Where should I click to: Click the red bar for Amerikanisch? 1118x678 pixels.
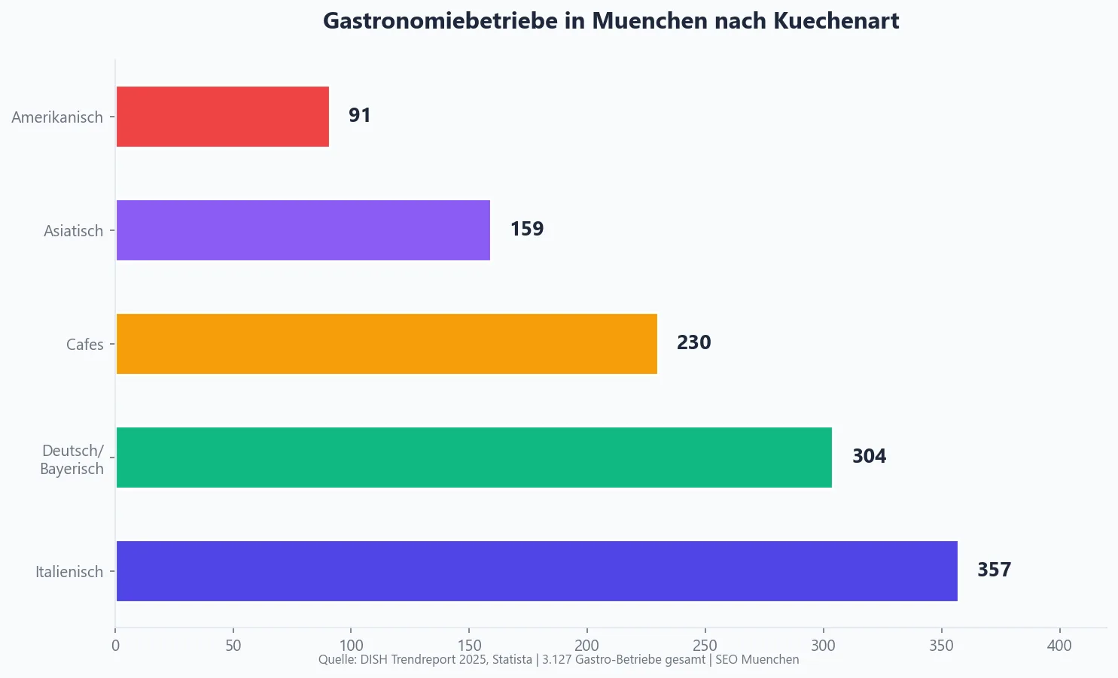click(x=222, y=117)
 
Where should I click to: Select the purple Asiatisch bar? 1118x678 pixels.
click(x=303, y=230)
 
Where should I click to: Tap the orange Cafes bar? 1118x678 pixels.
click(x=386, y=344)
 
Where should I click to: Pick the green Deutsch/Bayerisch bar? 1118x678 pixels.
click(x=474, y=458)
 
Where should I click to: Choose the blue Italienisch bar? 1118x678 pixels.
click(x=536, y=571)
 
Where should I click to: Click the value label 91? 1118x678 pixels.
click(x=359, y=116)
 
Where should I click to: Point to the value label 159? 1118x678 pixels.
click(x=526, y=230)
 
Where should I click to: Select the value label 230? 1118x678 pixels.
click(x=693, y=343)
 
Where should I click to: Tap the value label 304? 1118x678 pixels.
click(x=869, y=457)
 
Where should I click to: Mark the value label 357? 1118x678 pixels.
click(x=994, y=570)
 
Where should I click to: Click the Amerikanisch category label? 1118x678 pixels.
click(x=57, y=117)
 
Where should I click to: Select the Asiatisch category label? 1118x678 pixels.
click(x=73, y=231)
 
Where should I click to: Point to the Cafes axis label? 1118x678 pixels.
click(x=84, y=345)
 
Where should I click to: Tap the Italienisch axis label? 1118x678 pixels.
click(x=69, y=572)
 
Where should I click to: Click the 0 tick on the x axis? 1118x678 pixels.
click(x=115, y=646)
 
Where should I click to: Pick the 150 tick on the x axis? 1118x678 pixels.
click(x=469, y=646)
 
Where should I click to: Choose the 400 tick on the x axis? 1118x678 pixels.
click(x=1059, y=646)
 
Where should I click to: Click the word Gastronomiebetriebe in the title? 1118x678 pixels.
click(x=441, y=21)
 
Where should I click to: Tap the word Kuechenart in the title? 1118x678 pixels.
click(x=836, y=21)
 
